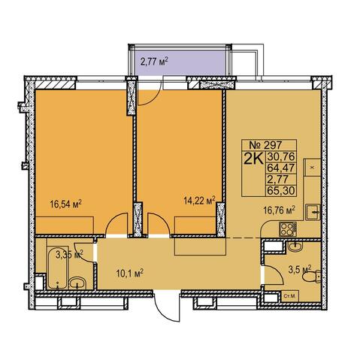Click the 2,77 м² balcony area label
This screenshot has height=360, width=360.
154,61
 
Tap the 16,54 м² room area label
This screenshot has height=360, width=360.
66,204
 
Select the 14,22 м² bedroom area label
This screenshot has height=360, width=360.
200,201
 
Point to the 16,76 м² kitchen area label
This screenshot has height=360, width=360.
279,210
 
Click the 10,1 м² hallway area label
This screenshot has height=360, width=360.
129,273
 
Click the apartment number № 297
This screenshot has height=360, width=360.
266,145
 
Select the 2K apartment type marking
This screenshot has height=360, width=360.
253,159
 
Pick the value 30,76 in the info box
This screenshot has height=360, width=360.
280,156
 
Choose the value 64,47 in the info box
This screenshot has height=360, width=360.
280,168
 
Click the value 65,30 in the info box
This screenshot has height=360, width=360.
280,191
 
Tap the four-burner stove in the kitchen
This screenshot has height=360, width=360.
288,229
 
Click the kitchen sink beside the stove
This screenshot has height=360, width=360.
313,212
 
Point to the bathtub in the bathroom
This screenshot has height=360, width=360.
58,268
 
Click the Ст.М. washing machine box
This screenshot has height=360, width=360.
290,296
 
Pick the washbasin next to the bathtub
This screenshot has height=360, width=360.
77,283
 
